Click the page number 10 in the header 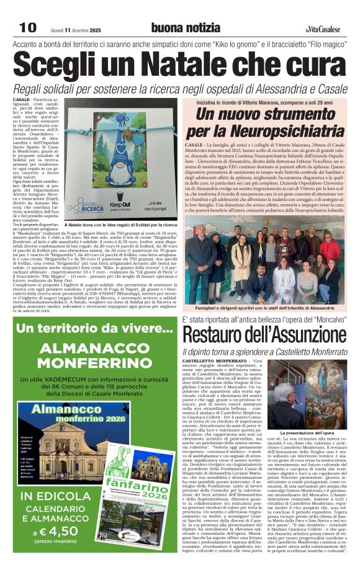pyautogui.click(x=27, y=28)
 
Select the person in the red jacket pyautogui.click(x=330, y=248)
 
